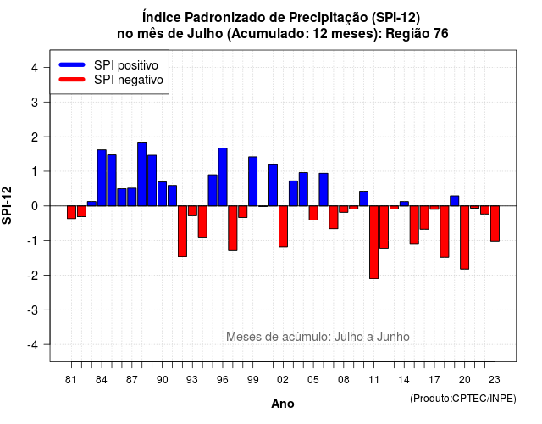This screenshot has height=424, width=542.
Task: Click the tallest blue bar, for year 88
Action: pyautogui.click(x=141, y=174)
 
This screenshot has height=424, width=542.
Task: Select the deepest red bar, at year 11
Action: pyautogui.click(x=373, y=243)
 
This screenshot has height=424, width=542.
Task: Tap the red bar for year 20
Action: pyautogui.click(x=464, y=237)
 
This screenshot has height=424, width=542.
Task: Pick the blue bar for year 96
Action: pyautogui.click(x=223, y=177)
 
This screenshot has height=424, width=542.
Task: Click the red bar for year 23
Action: pyautogui.click(x=495, y=224)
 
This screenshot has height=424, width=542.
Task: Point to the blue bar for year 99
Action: pyautogui.click(x=252, y=181)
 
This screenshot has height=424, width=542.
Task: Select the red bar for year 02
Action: pyautogui.click(x=283, y=226)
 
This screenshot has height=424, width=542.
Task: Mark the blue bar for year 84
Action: pyautogui.click(x=102, y=178)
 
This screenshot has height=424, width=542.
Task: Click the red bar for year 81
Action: pyautogui.click(x=71, y=212)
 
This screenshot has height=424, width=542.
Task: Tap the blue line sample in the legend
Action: pyautogui.click(x=72, y=64)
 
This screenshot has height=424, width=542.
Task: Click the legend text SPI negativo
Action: pyautogui.click(x=129, y=80)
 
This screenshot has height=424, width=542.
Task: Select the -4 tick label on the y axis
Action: pyautogui.click(x=33, y=344)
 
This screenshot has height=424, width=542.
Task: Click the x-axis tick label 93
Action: pyautogui.click(x=192, y=380)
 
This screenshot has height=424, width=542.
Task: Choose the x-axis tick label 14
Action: pyautogui.click(x=404, y=380)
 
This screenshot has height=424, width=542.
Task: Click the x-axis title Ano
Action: pyautogui.click(x=283, y=404)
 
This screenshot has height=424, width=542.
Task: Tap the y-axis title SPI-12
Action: pyautogui.click(x=7, y=205)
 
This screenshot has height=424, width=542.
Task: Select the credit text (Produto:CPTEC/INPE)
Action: pyautogui.click(x=463, y=399)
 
